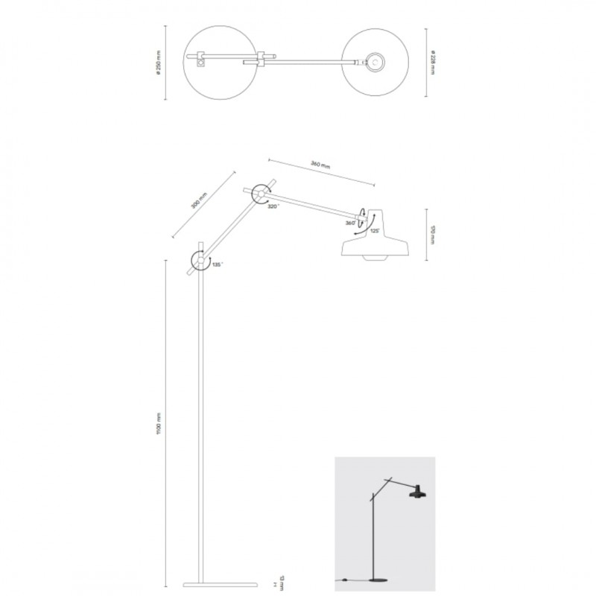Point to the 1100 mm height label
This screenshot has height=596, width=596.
click(158, 425)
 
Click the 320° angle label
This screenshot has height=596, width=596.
click(274, 206)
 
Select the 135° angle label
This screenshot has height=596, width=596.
click(216, 264)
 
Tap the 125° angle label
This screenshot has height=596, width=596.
click(375, 232)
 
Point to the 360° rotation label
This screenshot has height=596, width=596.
click(349, 223)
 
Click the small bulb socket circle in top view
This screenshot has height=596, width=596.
click(376, 63)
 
